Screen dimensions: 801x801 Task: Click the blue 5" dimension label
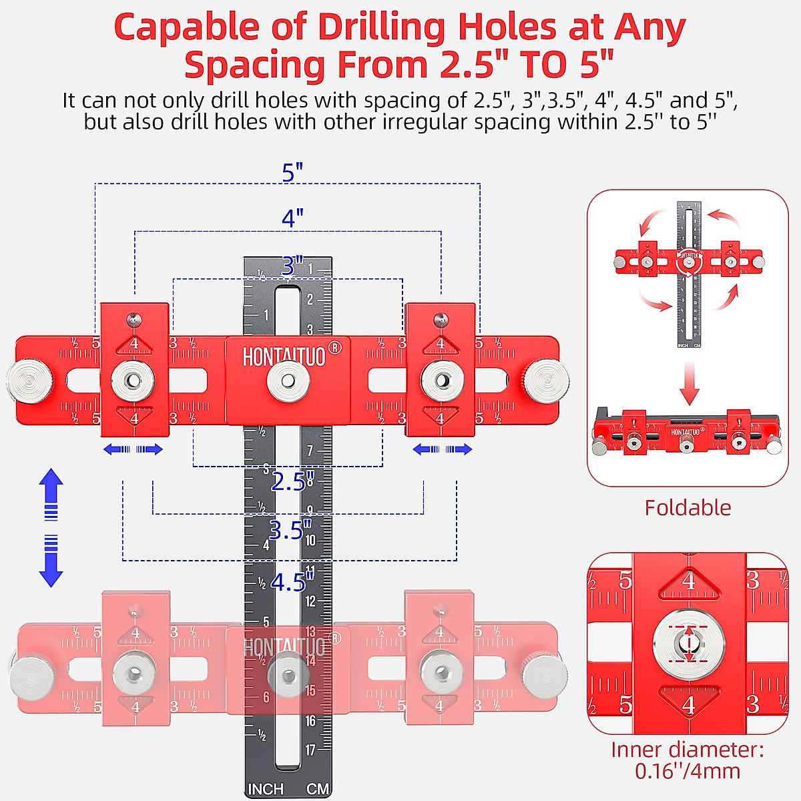tap(292, 172)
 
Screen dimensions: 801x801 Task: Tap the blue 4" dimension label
tap(292, 218)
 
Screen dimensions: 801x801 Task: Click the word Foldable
tap(688, 508)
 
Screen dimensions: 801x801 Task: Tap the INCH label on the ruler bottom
tap(266, 789)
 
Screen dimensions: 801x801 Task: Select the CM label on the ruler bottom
tap(318, 789)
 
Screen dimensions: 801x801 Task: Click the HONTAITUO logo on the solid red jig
tap(284, 357)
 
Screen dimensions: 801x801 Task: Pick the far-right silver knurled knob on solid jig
tap(545, 380)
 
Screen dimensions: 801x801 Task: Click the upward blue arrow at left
tap(51, 494)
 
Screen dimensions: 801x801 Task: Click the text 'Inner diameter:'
tap(688, 750)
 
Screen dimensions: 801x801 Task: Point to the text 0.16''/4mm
tap(688, 772)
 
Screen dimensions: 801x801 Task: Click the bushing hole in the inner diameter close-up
tap(688, 643)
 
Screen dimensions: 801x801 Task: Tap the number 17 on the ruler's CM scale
tap(310, 750)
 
